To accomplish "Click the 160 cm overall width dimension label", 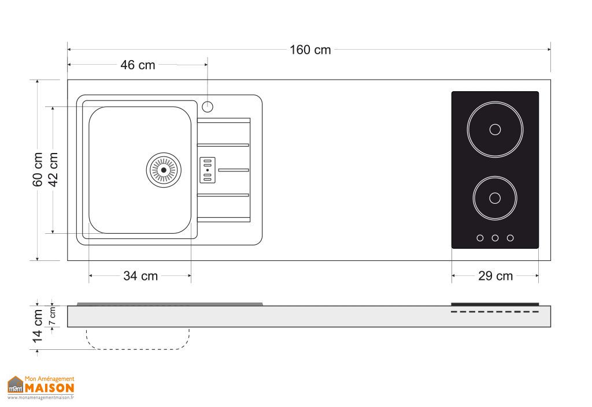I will pos(310,50).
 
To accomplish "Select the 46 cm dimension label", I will pos(138,65).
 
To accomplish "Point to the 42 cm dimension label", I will pos(53,170).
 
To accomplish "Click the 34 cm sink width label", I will pos(140,276).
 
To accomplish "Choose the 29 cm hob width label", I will pos(495,276).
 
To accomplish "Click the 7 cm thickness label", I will pos(53,316).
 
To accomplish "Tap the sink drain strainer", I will pos(164,170).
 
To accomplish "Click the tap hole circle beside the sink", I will pos(208,106).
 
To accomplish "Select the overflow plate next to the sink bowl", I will pos(208,170).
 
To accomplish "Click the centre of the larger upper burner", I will pos(495,129).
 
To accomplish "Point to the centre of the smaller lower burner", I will pos(495,198).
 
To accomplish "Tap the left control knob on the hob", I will pos(480,237).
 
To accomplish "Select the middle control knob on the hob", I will pos(495,237).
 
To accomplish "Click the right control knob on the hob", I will pos(510,237).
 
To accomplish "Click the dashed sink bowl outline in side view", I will pos(139,349).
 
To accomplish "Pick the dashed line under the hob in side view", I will pos(495,312).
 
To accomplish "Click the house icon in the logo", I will pos(15,385).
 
